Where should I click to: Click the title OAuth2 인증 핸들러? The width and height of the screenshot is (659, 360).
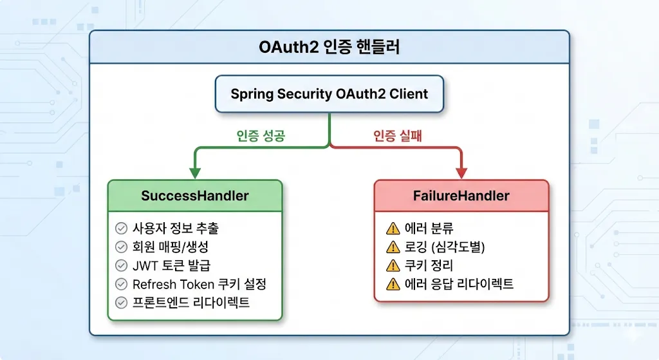pos(329,48)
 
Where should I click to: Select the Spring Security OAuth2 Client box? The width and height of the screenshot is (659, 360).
pos(329,94)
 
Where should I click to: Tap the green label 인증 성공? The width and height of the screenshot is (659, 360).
pos(261,136)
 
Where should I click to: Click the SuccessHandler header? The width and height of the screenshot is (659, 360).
pos(194,196)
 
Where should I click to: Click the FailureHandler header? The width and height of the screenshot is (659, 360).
pos(461,196)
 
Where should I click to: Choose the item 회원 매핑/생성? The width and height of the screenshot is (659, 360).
pos(171,247)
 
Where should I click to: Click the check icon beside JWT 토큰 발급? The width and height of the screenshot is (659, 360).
pos(120,266)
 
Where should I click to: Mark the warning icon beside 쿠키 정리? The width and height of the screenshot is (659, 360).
pos(393,265)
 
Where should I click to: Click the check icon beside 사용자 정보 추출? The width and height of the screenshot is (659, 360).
pos(120,229)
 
